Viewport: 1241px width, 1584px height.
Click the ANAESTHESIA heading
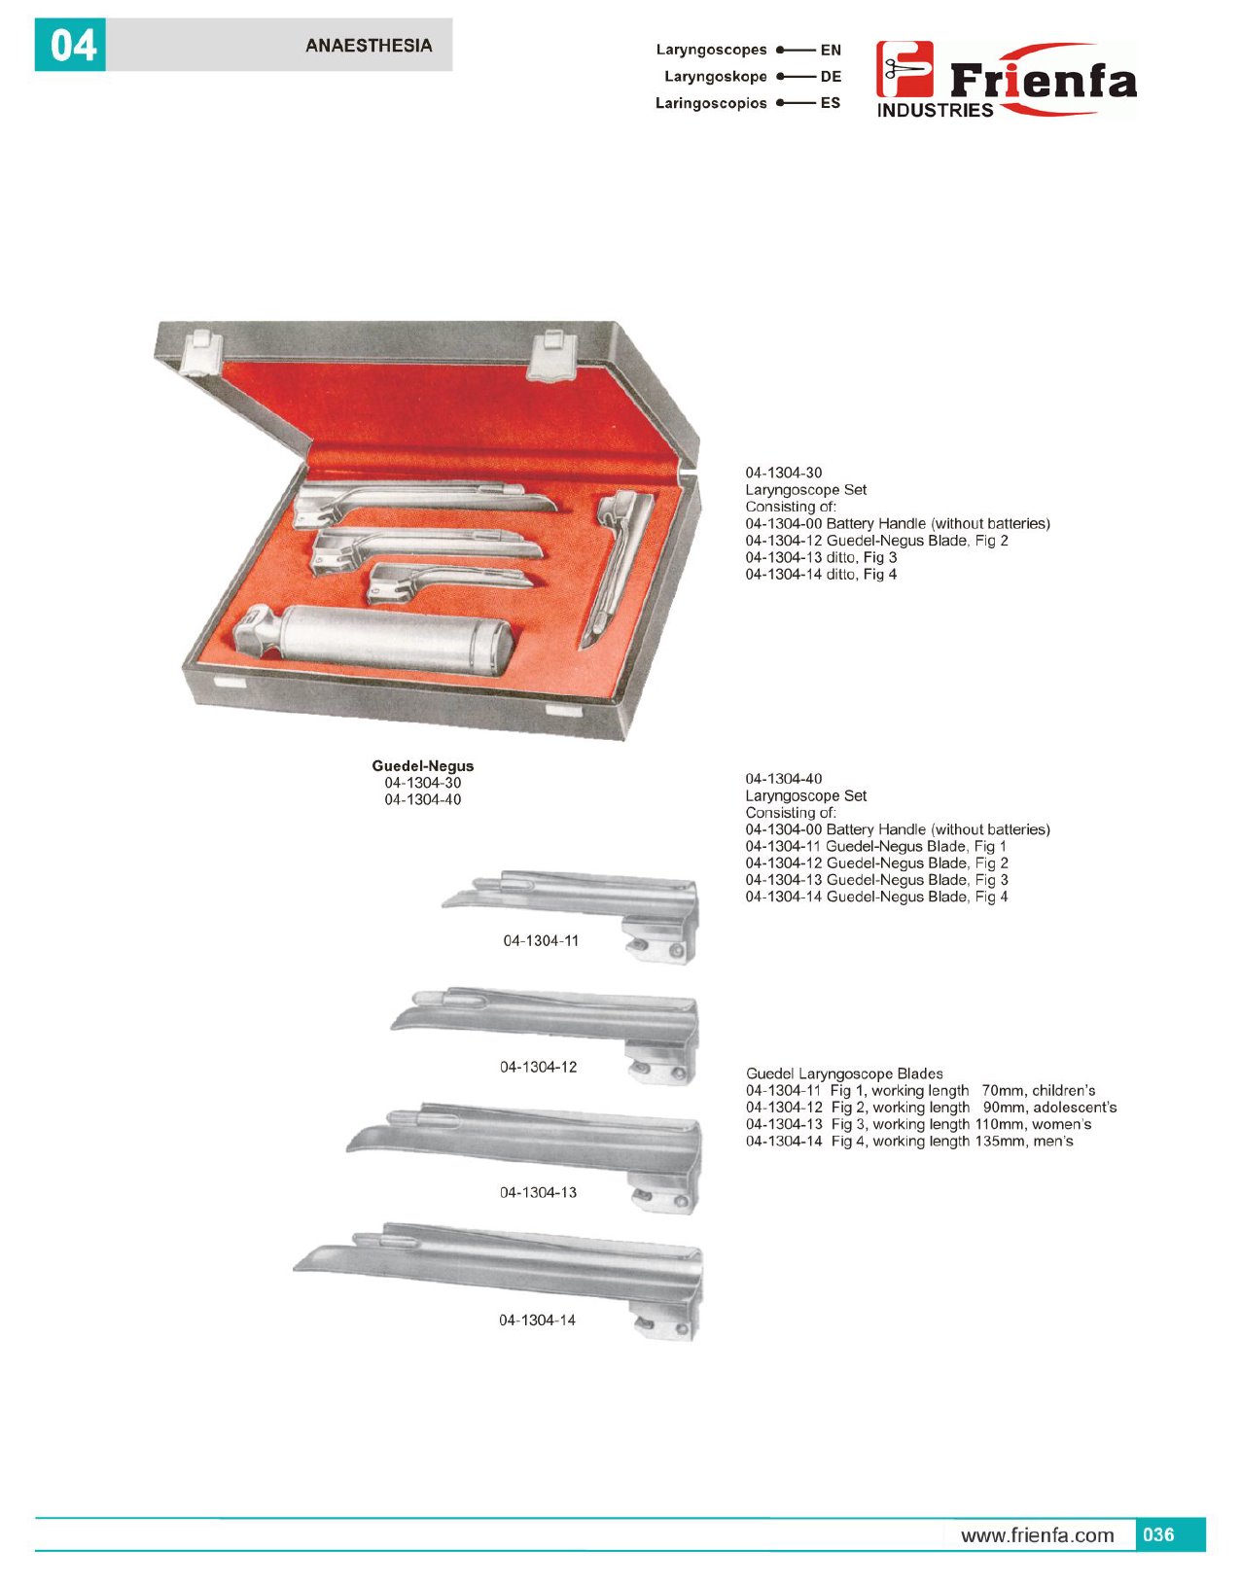369,45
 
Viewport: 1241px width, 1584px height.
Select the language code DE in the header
831,77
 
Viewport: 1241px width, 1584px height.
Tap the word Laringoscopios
711,103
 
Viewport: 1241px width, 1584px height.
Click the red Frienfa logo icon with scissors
904,69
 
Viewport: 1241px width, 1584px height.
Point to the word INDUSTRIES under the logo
935,110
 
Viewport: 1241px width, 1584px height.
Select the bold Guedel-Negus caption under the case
423,765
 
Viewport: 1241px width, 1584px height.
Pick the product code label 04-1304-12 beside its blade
538,1067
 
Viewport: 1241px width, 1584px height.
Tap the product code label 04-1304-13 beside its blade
538,1192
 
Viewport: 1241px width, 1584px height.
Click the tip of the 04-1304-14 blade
295,1269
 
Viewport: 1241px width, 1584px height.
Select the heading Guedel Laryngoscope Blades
844,1074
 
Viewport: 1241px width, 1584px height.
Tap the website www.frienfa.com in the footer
1038,1535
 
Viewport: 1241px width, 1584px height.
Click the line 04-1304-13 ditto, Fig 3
821,557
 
